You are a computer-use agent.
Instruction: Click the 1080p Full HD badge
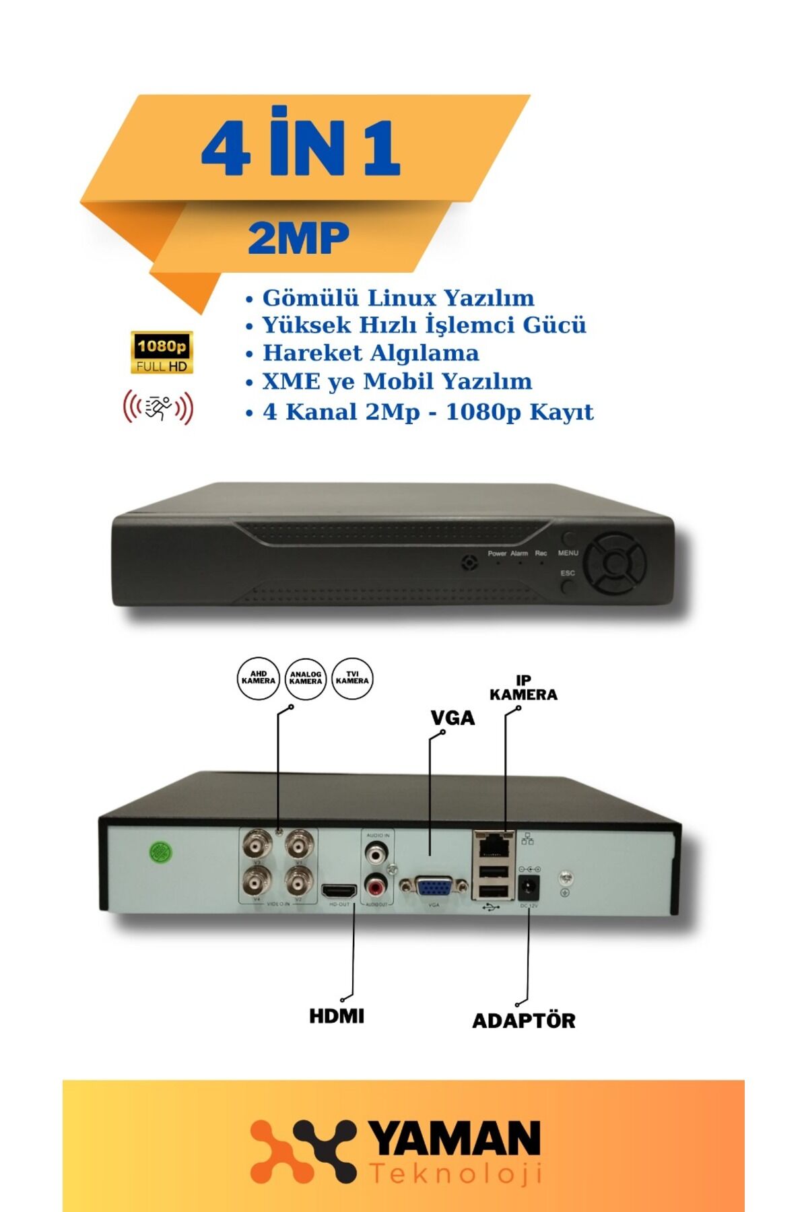coord(162,352)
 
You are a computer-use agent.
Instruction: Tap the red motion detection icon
coord(158,407)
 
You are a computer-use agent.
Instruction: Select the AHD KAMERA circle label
coord(259,678)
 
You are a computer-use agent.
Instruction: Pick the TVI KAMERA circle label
coord(352,678)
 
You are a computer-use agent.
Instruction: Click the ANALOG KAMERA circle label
coord(306,678)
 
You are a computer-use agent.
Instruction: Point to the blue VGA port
coord(434,886)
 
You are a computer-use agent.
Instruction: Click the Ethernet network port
coord(494,844)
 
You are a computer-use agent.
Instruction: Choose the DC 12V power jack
coord(529,887)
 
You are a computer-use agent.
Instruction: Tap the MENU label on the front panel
coord(568,553)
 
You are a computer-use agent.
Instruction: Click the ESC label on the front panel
coord(568,573)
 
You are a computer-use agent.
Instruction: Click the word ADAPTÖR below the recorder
coord(524,1021)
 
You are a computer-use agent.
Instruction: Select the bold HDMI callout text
coord(337,1016)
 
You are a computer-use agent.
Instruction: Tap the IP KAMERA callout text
coord(523,687)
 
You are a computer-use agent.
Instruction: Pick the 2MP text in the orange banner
coord(298,238)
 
